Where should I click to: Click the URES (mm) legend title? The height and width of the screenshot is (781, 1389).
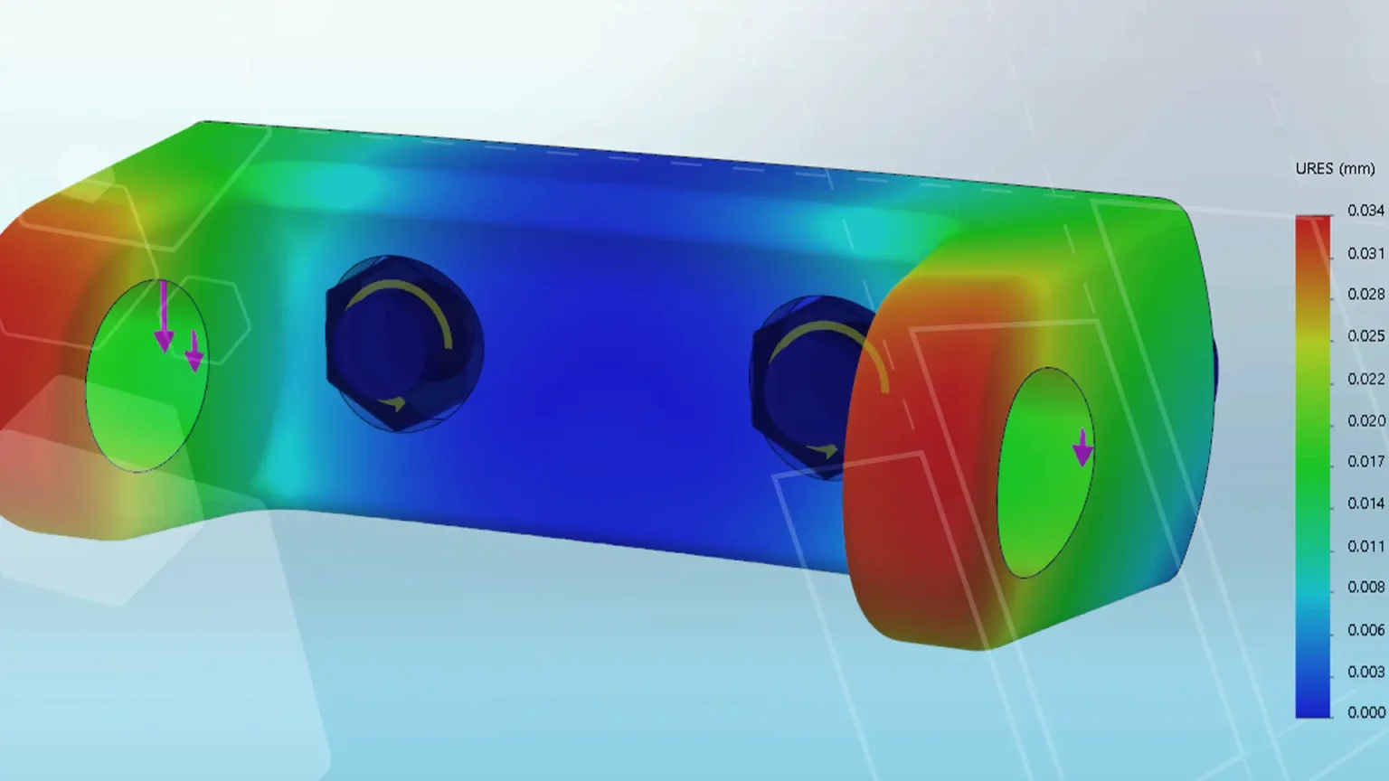tap(1335, 169)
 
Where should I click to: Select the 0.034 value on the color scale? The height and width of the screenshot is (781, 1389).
tap(1365, 211)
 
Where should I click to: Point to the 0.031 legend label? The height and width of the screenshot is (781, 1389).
tap(1365, 253)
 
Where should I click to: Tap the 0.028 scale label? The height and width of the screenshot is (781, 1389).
tap(1365, 295)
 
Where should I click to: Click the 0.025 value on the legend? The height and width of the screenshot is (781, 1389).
tap(1365, 336)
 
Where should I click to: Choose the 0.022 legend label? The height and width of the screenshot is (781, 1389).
tap(1365, 379)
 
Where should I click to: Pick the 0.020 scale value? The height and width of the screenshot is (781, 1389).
tap(1365, 420)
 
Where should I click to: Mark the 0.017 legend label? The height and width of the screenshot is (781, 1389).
tap(1365, 462)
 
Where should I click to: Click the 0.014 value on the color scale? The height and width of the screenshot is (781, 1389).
tap(1365, 503)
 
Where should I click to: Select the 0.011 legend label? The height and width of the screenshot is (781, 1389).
tap(1365, 546)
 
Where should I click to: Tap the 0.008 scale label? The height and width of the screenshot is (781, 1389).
tap(1365, 588)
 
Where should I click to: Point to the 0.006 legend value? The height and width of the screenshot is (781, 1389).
tap(1365, 630)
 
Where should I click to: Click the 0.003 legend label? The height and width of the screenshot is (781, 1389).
tap(1365, 672)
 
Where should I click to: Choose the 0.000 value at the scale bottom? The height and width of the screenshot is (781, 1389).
tap(1365, 712)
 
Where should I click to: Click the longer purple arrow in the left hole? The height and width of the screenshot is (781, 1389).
tap(164, 316)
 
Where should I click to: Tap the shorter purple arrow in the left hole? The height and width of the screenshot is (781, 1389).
tap(194, 352)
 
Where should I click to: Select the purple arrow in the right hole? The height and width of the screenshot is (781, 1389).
tap(1082, 447)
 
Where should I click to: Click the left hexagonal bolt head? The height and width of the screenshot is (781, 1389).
tap(398, 343)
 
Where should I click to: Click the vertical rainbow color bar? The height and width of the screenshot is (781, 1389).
tap(1313, 466)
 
